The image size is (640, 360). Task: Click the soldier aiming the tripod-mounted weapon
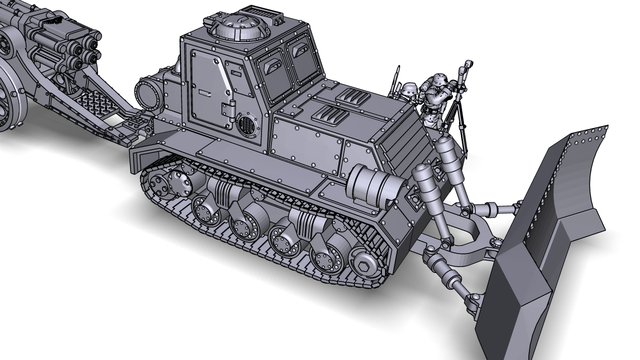coord(434,97)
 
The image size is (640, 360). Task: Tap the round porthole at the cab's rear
coord(148,92)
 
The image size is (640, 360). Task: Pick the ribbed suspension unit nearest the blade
coord(305,222)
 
